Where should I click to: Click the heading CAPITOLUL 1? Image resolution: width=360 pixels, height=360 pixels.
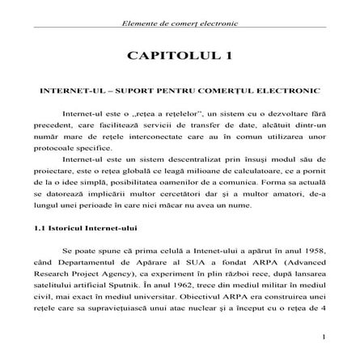(180, 54)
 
